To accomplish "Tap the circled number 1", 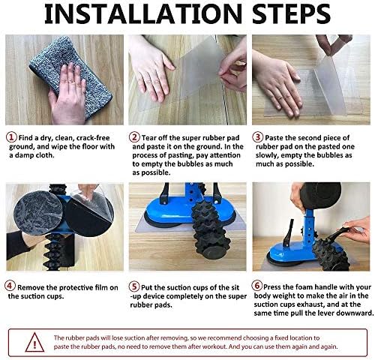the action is tap(11, 137).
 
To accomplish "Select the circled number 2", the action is tap(135, 137).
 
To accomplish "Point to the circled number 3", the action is tap(258, 137).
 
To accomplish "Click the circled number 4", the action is tap(10, 286).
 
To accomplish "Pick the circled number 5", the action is tap(134, 286).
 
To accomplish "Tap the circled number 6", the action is tap(257, 286).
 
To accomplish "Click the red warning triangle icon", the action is tap(34, 342).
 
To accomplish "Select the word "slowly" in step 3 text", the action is tap(266, 155).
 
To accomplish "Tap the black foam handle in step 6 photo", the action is tap(320, 195).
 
